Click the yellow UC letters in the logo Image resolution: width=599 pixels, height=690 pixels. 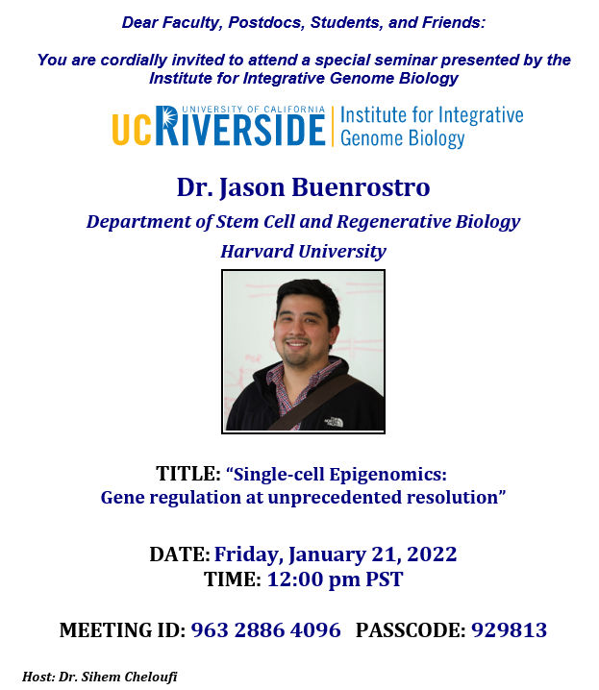[x=131, y=130]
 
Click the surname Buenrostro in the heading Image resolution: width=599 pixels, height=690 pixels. [x=361, y=187]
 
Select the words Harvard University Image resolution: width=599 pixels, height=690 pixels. [x=303, y=251]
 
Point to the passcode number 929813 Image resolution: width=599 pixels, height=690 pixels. [x=510, y=629]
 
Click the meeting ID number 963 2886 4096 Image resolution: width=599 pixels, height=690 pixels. [x=265, y=629]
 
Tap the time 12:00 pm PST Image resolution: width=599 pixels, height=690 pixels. [x=335, y=579]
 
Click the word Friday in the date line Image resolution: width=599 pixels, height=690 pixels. [x=249, y=554]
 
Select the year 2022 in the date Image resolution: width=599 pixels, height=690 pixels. [x=432, y=554]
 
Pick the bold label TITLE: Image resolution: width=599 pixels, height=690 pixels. [x=188, y=474]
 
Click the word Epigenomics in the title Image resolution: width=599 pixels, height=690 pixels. [x=387, y=475]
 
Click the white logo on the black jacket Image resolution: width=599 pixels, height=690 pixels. [x=334, y=422]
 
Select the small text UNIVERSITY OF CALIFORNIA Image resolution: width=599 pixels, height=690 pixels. [x=254, y=110]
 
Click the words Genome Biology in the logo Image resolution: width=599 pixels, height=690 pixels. [x=402, y=138]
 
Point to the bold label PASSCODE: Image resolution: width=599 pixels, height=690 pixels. [x=411, y=629]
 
